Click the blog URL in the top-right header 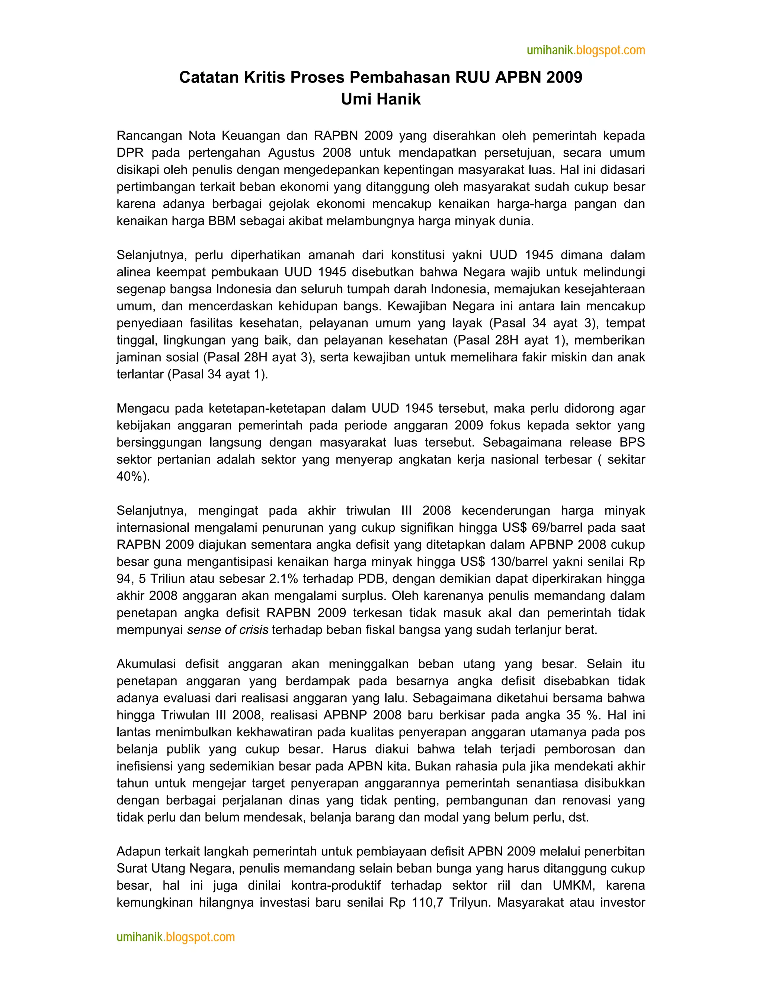pyautogui.click(x=586, y=50)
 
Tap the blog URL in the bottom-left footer pyautogui.click(x=176, y=937)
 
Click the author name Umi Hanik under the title pyautogui.click(x=381, y=99)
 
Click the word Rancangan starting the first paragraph pyautogui.click(x=149, y=135)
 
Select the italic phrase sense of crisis pyautogui.click(x=227, y=630)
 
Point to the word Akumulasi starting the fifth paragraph pyautogui.click(x=145, y=664)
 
